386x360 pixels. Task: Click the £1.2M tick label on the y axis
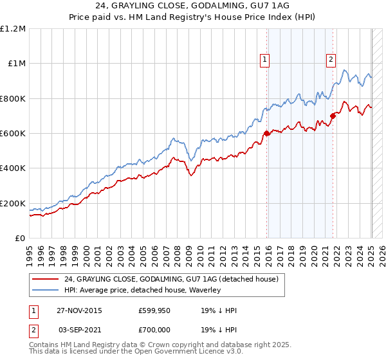click(x=13, y=28)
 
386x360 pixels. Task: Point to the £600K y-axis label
click(x=13, y=134)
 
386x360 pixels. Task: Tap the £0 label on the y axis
click(x=21, y=239)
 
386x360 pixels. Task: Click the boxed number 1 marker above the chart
click(x=264, y=60)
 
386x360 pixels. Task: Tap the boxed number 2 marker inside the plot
click(x=331, y=60)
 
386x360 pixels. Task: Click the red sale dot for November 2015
click(x=266, y=134)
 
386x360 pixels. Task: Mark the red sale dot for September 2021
click(x=333, y=116)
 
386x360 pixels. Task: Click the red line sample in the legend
click(x=46, y=279)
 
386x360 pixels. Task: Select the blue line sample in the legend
click(x=46, y=290)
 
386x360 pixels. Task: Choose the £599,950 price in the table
click(x=154, y=310)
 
